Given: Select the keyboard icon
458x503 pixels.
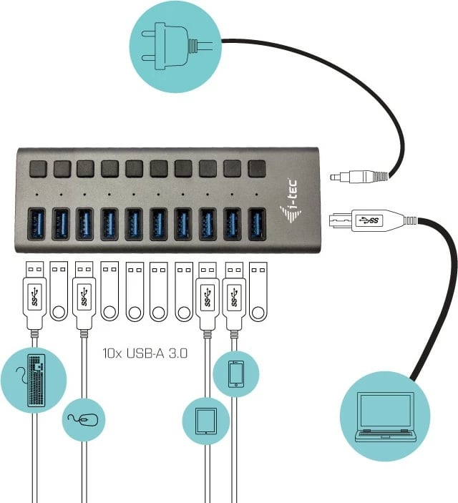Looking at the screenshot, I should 35,379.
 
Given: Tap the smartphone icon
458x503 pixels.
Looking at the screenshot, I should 236,373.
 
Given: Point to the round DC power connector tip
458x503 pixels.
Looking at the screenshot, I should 341,176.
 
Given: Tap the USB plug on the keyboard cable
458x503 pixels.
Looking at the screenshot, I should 35,297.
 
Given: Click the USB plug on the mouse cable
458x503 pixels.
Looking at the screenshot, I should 84,297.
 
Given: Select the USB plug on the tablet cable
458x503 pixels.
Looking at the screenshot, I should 206,297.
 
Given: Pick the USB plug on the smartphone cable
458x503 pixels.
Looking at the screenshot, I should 234,297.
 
